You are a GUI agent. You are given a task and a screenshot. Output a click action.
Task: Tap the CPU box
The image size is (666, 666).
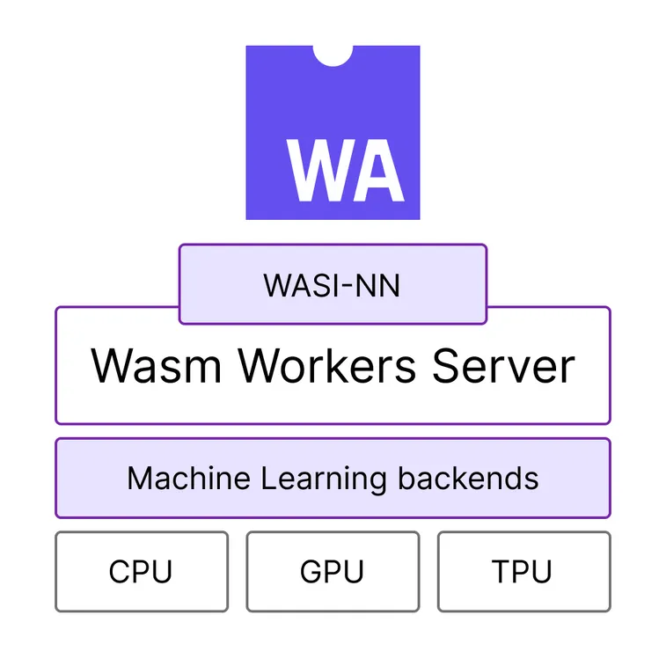[x=141, y=572]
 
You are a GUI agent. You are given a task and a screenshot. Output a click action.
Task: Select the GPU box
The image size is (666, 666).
[x=332, y=572]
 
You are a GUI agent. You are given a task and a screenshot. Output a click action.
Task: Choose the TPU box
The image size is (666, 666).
[x=523, y=572]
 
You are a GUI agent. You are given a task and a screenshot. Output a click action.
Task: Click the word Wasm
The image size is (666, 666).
[x=156, y=365]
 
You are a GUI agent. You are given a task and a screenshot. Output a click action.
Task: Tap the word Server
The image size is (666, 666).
[x=503, y=365]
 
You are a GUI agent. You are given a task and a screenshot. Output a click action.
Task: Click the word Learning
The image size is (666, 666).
[x=324, y=480]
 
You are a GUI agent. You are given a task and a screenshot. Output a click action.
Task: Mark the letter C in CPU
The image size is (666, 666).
[x=119, y=572]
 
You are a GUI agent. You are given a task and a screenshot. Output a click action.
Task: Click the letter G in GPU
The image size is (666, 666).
[x=311, y=572]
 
